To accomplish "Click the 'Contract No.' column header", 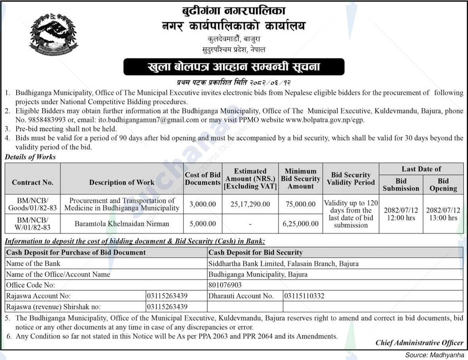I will (x=32, y=182).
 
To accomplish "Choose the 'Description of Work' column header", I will (x=122, y=182).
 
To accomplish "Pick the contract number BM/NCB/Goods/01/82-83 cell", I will (x=32, y=204).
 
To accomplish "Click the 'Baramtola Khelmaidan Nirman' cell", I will (x=122, y=224).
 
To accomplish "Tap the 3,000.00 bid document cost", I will (x=202, y=204).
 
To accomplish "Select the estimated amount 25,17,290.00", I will (x=250, y=204).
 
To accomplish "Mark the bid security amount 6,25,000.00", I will (x=300, y=224).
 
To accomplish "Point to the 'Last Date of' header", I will (x=421, y=169).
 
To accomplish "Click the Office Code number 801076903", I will (x=225, y=285).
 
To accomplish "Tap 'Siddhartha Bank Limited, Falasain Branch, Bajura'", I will (x=283, y=263).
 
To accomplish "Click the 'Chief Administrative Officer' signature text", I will (x=419, y=343).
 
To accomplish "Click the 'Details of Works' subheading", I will (x=31, y=157).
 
